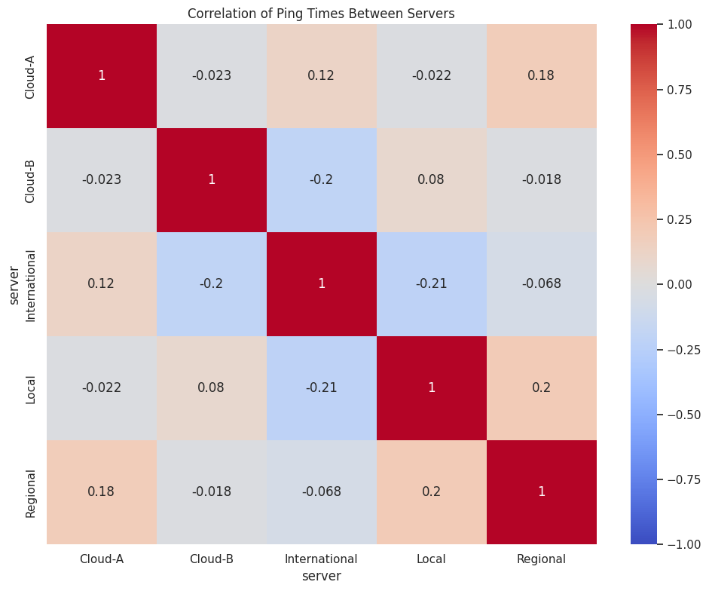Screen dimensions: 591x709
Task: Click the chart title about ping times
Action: (x=321, y=14)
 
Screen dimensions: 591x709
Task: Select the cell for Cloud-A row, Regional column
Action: (x=541, y=76)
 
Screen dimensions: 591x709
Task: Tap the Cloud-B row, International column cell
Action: (x=322, y=180)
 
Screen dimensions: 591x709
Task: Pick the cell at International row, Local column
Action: (x=432, y=284)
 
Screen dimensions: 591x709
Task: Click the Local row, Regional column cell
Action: (x=541, y=388)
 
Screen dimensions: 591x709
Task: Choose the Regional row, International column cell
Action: (x=322, y=492)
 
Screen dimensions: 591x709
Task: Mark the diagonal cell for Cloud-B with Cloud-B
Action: (x=212, y=180)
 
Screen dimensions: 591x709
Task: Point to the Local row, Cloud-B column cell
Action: (x=212, y=388)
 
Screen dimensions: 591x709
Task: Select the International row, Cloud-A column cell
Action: (x=102, y=284)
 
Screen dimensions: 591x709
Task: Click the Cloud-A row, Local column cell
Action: (x=432, y=76)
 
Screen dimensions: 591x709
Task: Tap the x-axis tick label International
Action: (x=322, y=559)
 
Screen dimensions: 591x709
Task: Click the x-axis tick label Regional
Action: (x=541, y=559)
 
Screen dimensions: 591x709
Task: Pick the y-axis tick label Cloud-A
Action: (x=31, y=76)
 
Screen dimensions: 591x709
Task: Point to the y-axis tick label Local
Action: (x=31, y=388)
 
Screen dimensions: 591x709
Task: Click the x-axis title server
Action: (x=322, y=577)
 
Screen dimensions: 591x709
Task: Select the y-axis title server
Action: (x=14, y=284)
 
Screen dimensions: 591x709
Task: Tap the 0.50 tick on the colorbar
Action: (x=683, y=155)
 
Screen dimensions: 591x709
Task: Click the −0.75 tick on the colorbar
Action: (x=682, y=479)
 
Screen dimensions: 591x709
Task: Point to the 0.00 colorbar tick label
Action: (x=683, y=284)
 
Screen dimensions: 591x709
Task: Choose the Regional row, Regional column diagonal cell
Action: (x=541, y=492)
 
